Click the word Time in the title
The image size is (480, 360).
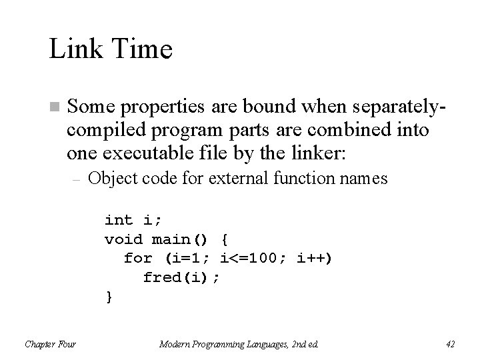point(141,49)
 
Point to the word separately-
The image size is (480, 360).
point(390,106)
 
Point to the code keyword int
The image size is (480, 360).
point(119,220)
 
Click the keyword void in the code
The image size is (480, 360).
point(124,239)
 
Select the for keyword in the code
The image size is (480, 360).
point(138,258)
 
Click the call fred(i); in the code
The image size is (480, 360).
point(181,277)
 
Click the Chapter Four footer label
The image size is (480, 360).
point(50,344)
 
